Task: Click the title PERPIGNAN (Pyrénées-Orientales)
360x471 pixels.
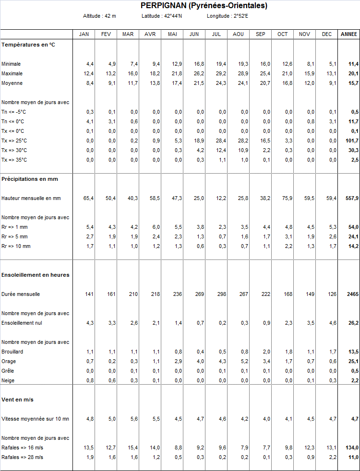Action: tap(204, 6)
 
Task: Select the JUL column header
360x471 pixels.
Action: tap(216, 34)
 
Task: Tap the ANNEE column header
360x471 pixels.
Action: tap(348, 34)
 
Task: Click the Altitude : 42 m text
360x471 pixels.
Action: tap(99, 16)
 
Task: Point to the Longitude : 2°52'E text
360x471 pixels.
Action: tap(228, 16)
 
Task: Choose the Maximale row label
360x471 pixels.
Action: tap(12, 73)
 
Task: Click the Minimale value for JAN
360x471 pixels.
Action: tap(90, 64)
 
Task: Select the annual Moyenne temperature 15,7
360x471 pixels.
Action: tap(354, 83)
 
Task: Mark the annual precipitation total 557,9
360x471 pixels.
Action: tap(352, 198)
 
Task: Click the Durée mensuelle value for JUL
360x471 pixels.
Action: tap(222, 294)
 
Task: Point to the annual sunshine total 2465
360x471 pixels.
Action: tap(353, 294)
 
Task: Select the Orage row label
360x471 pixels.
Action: tap(9, 361)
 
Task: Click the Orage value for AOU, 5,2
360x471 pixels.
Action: tap(244, 361)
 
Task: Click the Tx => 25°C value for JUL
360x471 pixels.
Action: tap(221, 141)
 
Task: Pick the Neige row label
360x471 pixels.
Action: tap(8, 380)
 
